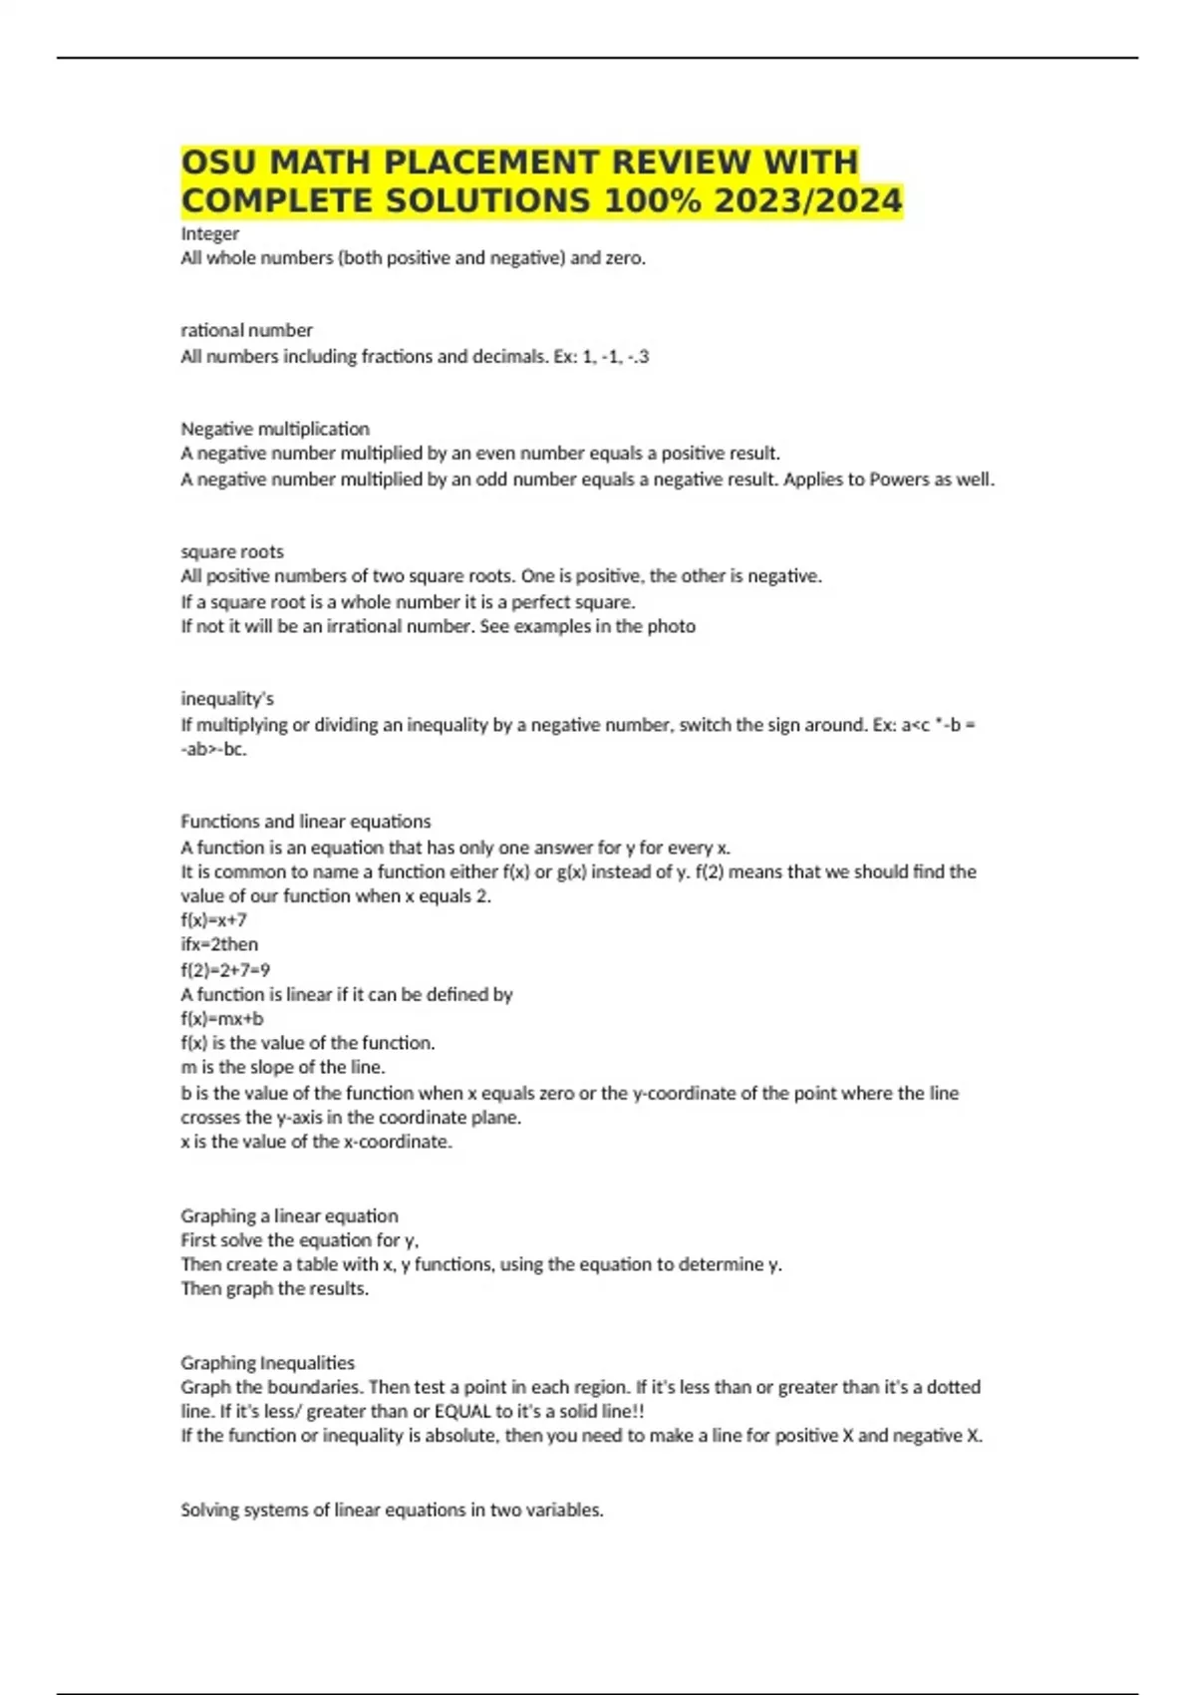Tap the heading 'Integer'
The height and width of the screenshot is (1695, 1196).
point(209,233)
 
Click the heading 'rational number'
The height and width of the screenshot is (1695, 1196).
point(246,330)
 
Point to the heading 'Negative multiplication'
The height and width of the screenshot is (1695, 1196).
point(275,429)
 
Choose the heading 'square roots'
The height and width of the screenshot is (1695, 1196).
point(232,551)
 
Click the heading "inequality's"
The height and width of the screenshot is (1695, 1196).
point(227,698)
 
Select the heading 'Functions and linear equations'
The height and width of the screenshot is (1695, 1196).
point(306,822)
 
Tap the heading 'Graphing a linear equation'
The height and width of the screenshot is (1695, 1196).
point(289,1215)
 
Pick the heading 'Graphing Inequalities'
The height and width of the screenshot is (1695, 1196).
point(267,1362)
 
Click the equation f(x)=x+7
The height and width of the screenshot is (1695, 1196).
point(213,919)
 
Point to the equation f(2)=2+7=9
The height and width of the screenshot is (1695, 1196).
point(225,969)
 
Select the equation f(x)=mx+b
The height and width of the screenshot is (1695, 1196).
point(222,1018)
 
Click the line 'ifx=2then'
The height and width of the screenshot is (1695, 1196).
point(219,944)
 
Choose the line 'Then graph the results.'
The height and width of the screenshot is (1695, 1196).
point(274,1288)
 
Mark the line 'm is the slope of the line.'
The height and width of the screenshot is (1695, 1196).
point(283,1067)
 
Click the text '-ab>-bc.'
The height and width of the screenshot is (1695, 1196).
point(213,749)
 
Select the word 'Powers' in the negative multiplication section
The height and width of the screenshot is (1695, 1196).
point(899,479)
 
